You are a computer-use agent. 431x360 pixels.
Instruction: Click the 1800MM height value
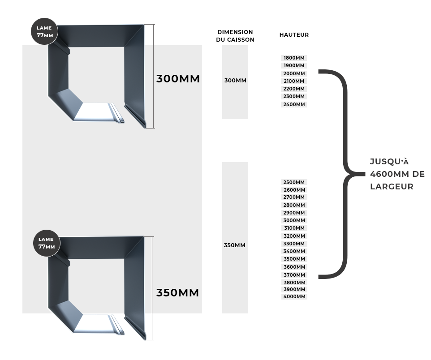[294, 58]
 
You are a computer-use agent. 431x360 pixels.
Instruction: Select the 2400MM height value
[294, 104]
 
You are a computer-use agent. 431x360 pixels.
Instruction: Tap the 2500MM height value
[294, 183]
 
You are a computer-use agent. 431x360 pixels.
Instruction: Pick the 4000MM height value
[294, 296]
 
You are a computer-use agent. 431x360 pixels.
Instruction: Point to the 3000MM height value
[294, 220]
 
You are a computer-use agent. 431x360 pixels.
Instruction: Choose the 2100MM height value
[294, 81]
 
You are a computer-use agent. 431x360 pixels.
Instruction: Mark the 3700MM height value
[294, 275]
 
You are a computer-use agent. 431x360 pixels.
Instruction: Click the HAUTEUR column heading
[294, 35]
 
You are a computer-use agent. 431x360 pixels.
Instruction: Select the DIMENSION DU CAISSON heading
[235, 36]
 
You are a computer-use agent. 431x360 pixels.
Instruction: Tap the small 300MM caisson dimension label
[235, 81]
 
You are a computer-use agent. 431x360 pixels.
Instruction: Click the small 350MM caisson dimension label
[234, 245]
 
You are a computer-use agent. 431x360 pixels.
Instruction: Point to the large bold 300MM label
[178, 79]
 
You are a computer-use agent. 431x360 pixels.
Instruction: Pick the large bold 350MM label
[177, 293]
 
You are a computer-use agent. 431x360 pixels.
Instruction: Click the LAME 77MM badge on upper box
[44, 31]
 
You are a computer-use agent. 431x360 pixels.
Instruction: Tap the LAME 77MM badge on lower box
[46, 243]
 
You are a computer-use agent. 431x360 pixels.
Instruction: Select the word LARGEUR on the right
[392, 187]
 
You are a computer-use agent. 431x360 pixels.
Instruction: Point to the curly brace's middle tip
[365, 174]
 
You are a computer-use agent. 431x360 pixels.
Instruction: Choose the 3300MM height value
[294, 244]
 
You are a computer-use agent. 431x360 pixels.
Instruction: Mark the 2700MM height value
[294, 197]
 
